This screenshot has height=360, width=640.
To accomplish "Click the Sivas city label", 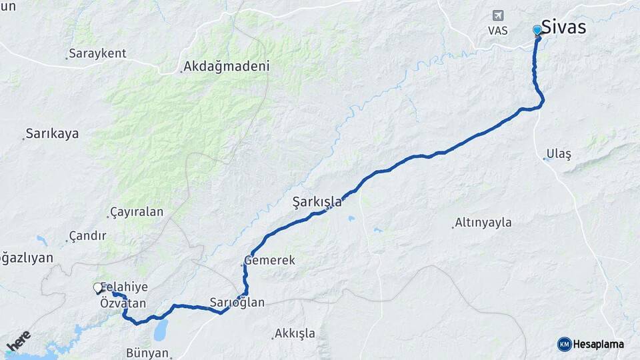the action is pyautogui.click(x=563, y=27).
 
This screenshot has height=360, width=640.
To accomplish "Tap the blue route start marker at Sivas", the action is pyautogui.click(x=537, y=30).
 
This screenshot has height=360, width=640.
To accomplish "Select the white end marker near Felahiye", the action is pyautogui.click(x=98, y=288).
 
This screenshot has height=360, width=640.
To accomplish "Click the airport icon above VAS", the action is pyautogui.click(x=497, y=15).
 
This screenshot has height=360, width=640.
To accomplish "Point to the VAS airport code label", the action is pyautogui.click(x=497, y=31).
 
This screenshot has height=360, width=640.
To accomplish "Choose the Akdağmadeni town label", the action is pyautogui.click(x=226, y=67).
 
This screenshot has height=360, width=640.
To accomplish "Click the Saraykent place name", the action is pyautogui.click(x=97, y=54).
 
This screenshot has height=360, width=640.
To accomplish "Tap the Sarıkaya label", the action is pyautogui.click(x=52, y=133).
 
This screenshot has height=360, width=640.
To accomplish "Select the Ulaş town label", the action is pyautogui.click(x=559, y=154).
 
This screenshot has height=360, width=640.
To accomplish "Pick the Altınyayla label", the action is pyautogui.click(x=483, y=223).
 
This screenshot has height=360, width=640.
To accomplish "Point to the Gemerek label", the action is pyautogui.click(x=270, y=261).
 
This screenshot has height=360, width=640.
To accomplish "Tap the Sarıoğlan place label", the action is pyautogui.click(x=237, y=303).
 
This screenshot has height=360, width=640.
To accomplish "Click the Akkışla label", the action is pyautogui.click(x=295, y=333).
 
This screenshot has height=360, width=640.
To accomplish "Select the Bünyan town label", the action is pyautogui.click(x=147, y=353).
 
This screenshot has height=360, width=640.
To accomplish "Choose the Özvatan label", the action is pyautogui.click(x=123, y=303).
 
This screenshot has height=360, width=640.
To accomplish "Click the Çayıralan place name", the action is pyautogui.click(x=137, y=213).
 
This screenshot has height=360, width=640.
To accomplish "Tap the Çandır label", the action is pyautogui.click(x=87, y=237).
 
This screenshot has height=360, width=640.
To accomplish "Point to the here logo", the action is pyautogui.click(x=18, y=341).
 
